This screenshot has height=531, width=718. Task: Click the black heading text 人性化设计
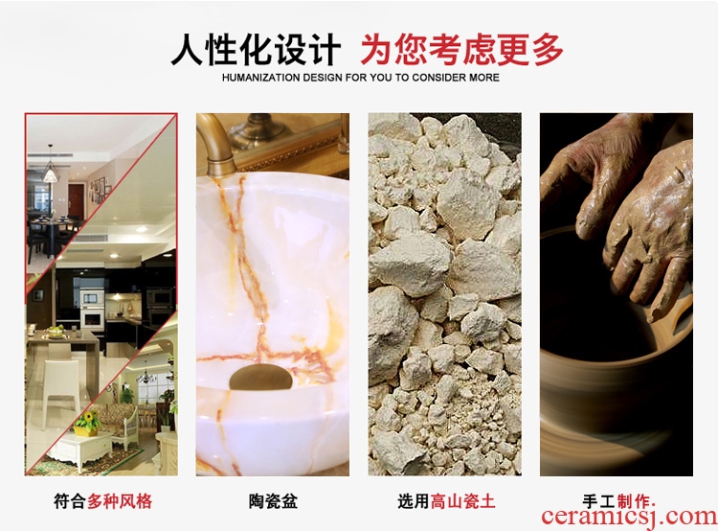tap(256, 50)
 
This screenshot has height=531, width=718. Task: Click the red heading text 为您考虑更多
tap(461, 50)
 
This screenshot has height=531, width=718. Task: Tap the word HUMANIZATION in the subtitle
tap(259, 78)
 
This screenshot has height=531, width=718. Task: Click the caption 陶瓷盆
tap(274, 500)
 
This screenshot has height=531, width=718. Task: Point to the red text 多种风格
tap(120, 500)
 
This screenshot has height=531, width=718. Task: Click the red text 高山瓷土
tap(463, 500)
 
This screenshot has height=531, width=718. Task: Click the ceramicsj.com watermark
tap(629, 517)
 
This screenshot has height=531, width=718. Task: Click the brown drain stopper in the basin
tap(260, 378)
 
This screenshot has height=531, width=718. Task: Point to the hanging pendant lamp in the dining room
tap(51, 170)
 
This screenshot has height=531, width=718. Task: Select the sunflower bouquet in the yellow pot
tap(87, 423)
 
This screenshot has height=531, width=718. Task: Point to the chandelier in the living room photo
tap(146, 376)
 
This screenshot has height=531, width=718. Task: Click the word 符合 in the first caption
tap(70, 500)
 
